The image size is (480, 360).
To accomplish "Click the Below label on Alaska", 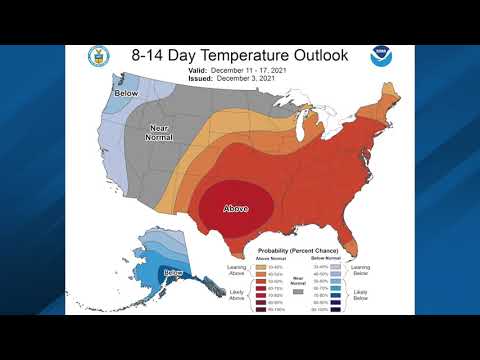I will [173, 273].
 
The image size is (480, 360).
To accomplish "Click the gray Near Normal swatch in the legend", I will [300, 290].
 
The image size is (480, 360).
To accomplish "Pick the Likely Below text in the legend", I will [360, 295].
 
